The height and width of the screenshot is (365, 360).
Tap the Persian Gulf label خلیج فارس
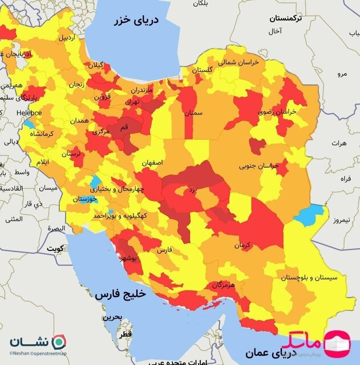(x=120, y=294)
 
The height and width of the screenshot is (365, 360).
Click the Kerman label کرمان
(x=242, y=245)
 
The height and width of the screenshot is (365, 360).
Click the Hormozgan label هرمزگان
(x=224, y=284)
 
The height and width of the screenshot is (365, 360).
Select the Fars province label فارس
(x=164, y=250)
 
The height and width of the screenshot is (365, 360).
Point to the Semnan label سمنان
(x=194, y=113)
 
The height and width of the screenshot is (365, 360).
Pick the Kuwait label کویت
(x=55, y=249)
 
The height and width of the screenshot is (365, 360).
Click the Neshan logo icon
(x=59, y=343)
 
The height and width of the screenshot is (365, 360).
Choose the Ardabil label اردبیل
(x=65, y=38)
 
